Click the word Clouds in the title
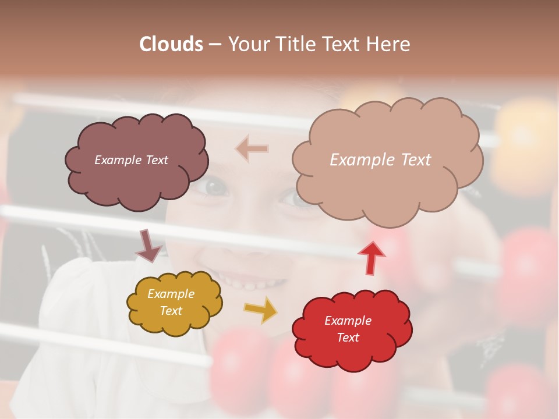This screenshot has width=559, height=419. tap(171, 44)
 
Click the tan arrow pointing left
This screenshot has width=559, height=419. tap(252, 149)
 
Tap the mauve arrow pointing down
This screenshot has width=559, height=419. tap(148, 246)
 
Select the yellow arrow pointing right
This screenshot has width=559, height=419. tap(261, 310)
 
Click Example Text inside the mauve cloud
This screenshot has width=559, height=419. tap(131, 160)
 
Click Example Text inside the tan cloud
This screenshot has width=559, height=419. tap(380, 160)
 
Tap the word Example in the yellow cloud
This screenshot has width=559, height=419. tap(171, 294)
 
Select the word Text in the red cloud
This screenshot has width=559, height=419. tap(348, 338)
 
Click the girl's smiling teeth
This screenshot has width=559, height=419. tap(256, 284)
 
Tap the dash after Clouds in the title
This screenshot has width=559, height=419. tap(215, 44)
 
